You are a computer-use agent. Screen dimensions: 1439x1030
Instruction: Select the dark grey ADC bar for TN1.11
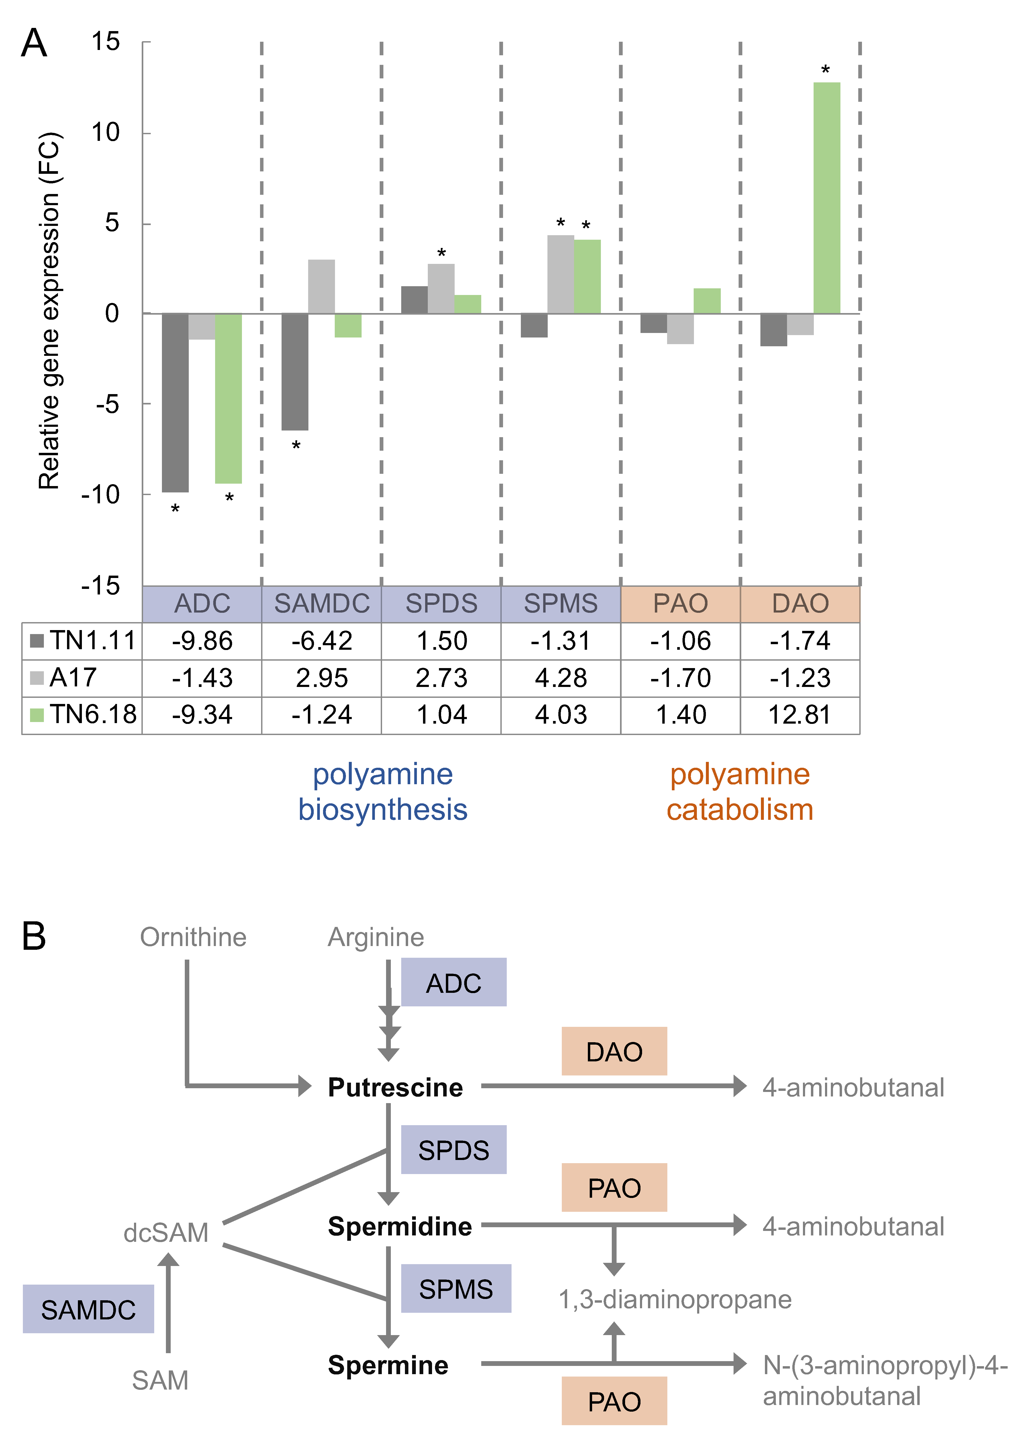click(x=175, y=403)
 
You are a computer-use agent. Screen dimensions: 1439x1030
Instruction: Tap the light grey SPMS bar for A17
click(x=561, y=275)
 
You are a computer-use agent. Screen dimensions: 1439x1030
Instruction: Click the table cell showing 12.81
click(x=800, y=715)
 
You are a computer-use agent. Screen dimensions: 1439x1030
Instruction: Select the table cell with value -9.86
click(x=202, y=641)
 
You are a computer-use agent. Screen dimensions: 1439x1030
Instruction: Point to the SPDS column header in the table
click(x=441, y=604)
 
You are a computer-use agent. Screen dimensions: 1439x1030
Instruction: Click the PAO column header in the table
click(x=681, y=604)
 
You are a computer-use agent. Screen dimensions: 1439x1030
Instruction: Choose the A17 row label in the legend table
click(x=73, y=678)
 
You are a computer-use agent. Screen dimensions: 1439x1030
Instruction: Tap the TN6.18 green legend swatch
click(x=37, y=715)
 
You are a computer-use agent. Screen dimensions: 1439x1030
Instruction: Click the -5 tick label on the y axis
click(x=108, y=404)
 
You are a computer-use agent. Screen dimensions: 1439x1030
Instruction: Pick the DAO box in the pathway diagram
click(x=614, y=1052)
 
